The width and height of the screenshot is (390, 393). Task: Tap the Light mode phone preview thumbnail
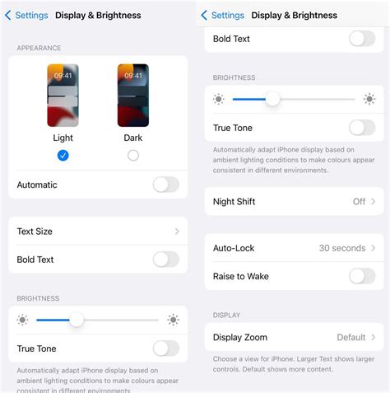pos(63,95)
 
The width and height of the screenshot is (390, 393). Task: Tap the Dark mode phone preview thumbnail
pos(133,95)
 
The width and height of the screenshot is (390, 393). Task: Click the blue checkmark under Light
pos(63,155)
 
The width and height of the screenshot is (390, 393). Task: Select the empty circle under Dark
pos(133,155)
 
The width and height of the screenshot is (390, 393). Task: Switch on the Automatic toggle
pos(165,185)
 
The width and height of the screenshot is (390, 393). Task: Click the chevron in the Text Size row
pos(177,232)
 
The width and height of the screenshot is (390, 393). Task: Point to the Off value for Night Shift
pos(359,201)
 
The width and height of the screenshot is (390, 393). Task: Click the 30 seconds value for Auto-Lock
pos(341,248)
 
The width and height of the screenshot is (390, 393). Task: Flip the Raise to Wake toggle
pos(362,276)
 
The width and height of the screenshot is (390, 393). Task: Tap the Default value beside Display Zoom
pos(351,337)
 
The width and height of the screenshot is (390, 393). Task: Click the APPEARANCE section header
pos(39,49)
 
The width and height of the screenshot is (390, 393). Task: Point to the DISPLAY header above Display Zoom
pos(226,316)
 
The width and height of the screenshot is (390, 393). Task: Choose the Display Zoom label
pos(239,337)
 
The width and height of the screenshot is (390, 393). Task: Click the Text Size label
pos(35,232)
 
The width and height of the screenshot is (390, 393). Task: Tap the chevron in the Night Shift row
pos(374,201)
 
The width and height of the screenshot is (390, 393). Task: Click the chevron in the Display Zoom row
pos(374,337)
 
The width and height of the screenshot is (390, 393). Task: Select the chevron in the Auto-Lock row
pos(374,248)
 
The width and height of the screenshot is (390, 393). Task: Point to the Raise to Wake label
pos(240,276)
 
